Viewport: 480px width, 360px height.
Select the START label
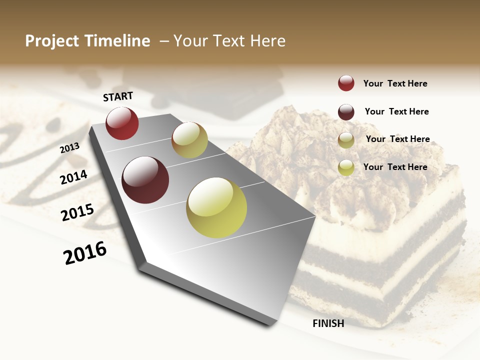coord(118,96)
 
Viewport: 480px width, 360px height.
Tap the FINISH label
coord(328,323)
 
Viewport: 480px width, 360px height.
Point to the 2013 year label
coord(69,147)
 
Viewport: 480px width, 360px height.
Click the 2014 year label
coord(73,177)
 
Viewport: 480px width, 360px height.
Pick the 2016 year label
coord(85,253)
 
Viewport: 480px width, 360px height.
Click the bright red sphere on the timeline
coord(122,123)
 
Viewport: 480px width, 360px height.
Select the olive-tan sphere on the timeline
coord(189,140)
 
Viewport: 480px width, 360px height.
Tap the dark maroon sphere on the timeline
coord(145,180)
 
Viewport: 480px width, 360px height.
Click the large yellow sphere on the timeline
coord(216,207)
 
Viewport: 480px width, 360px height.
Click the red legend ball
coord(346,83)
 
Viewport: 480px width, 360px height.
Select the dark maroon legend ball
coord(346,111)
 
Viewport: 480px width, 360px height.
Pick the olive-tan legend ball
coord(346,139)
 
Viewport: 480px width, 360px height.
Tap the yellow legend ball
coord(346,167)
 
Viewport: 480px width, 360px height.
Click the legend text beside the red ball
coord(395,84)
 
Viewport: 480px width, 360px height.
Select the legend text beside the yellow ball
coord(395,167)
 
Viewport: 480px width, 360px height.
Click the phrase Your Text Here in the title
coord(229,41)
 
